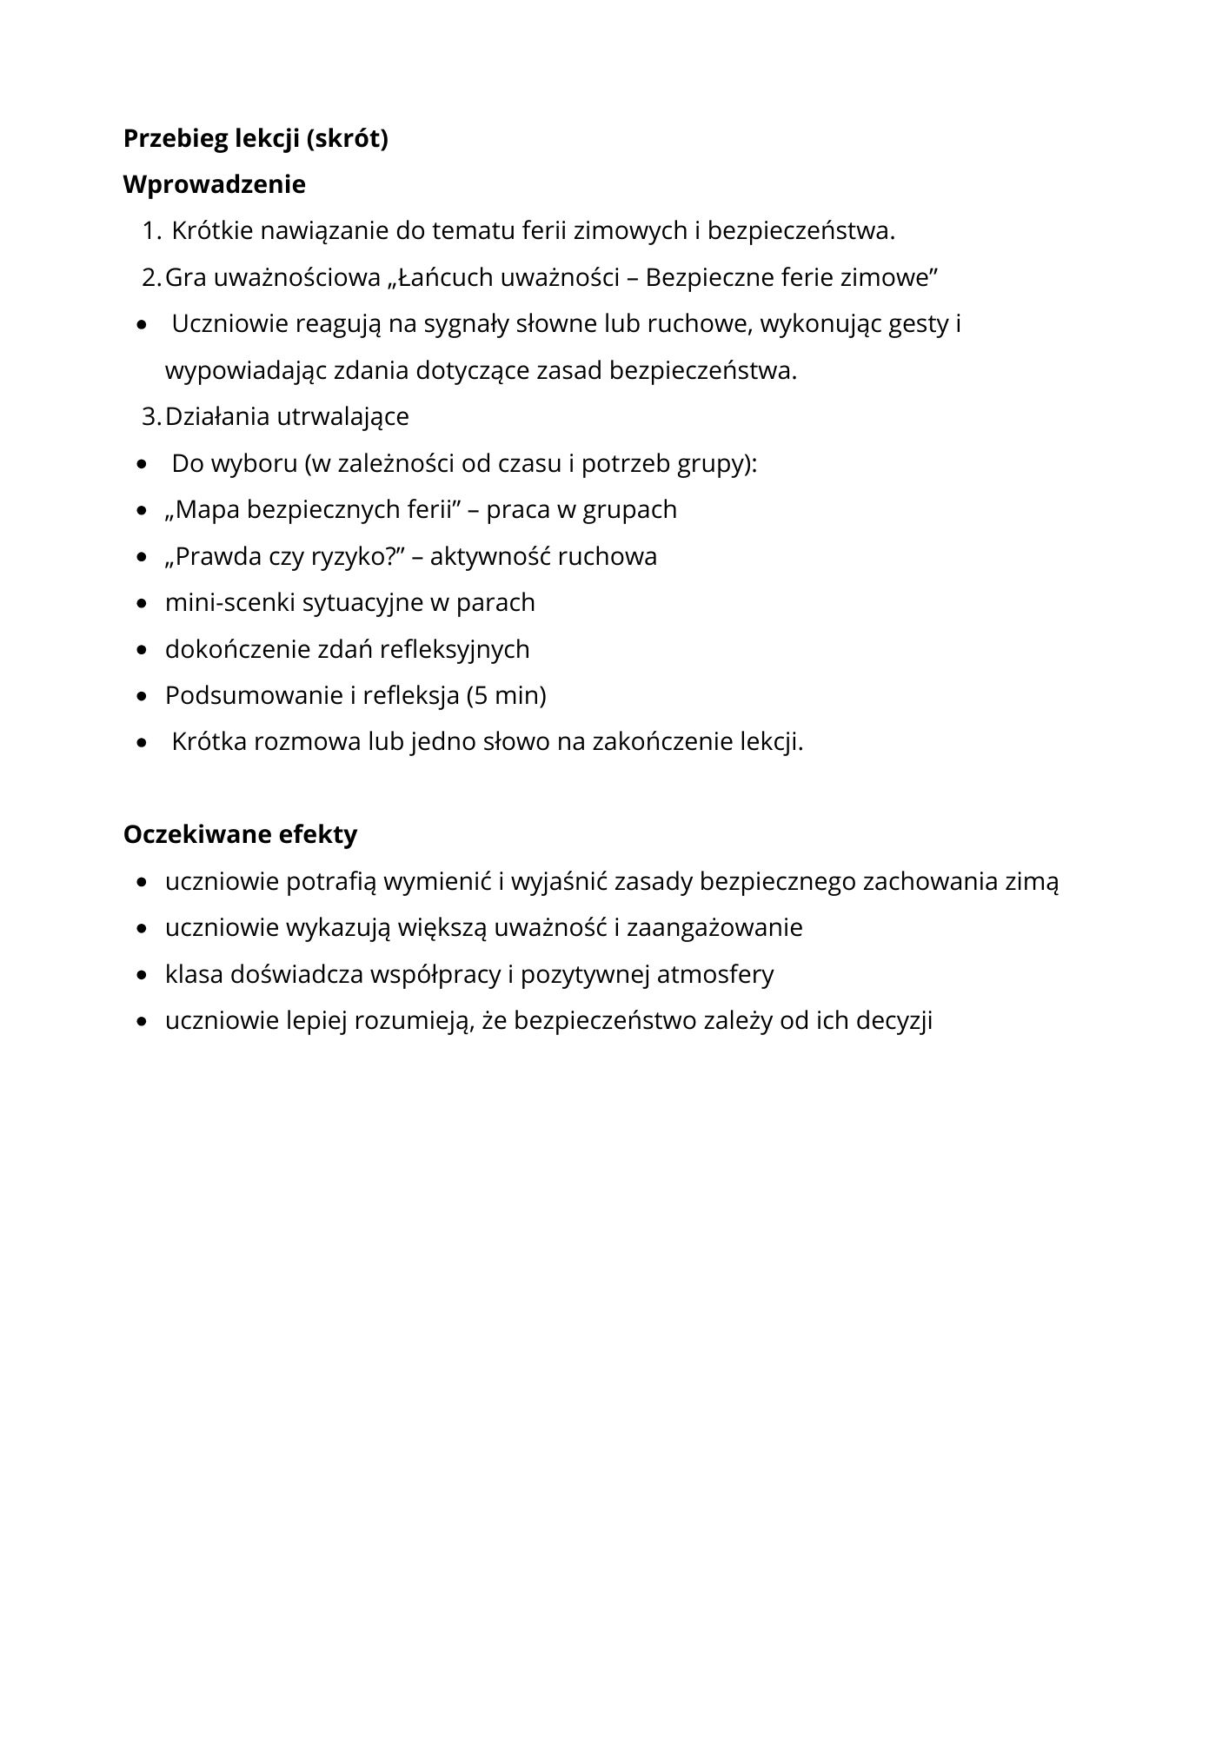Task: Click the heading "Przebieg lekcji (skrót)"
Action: point(256,139)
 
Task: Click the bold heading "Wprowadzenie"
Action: point(214,185)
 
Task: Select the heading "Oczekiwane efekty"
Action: point(240,835)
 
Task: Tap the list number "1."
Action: point(151,232)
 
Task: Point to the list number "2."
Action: point(151,278)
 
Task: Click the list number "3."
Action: point(151,417)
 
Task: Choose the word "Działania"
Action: point(217,417)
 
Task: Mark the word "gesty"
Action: point(919,325)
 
